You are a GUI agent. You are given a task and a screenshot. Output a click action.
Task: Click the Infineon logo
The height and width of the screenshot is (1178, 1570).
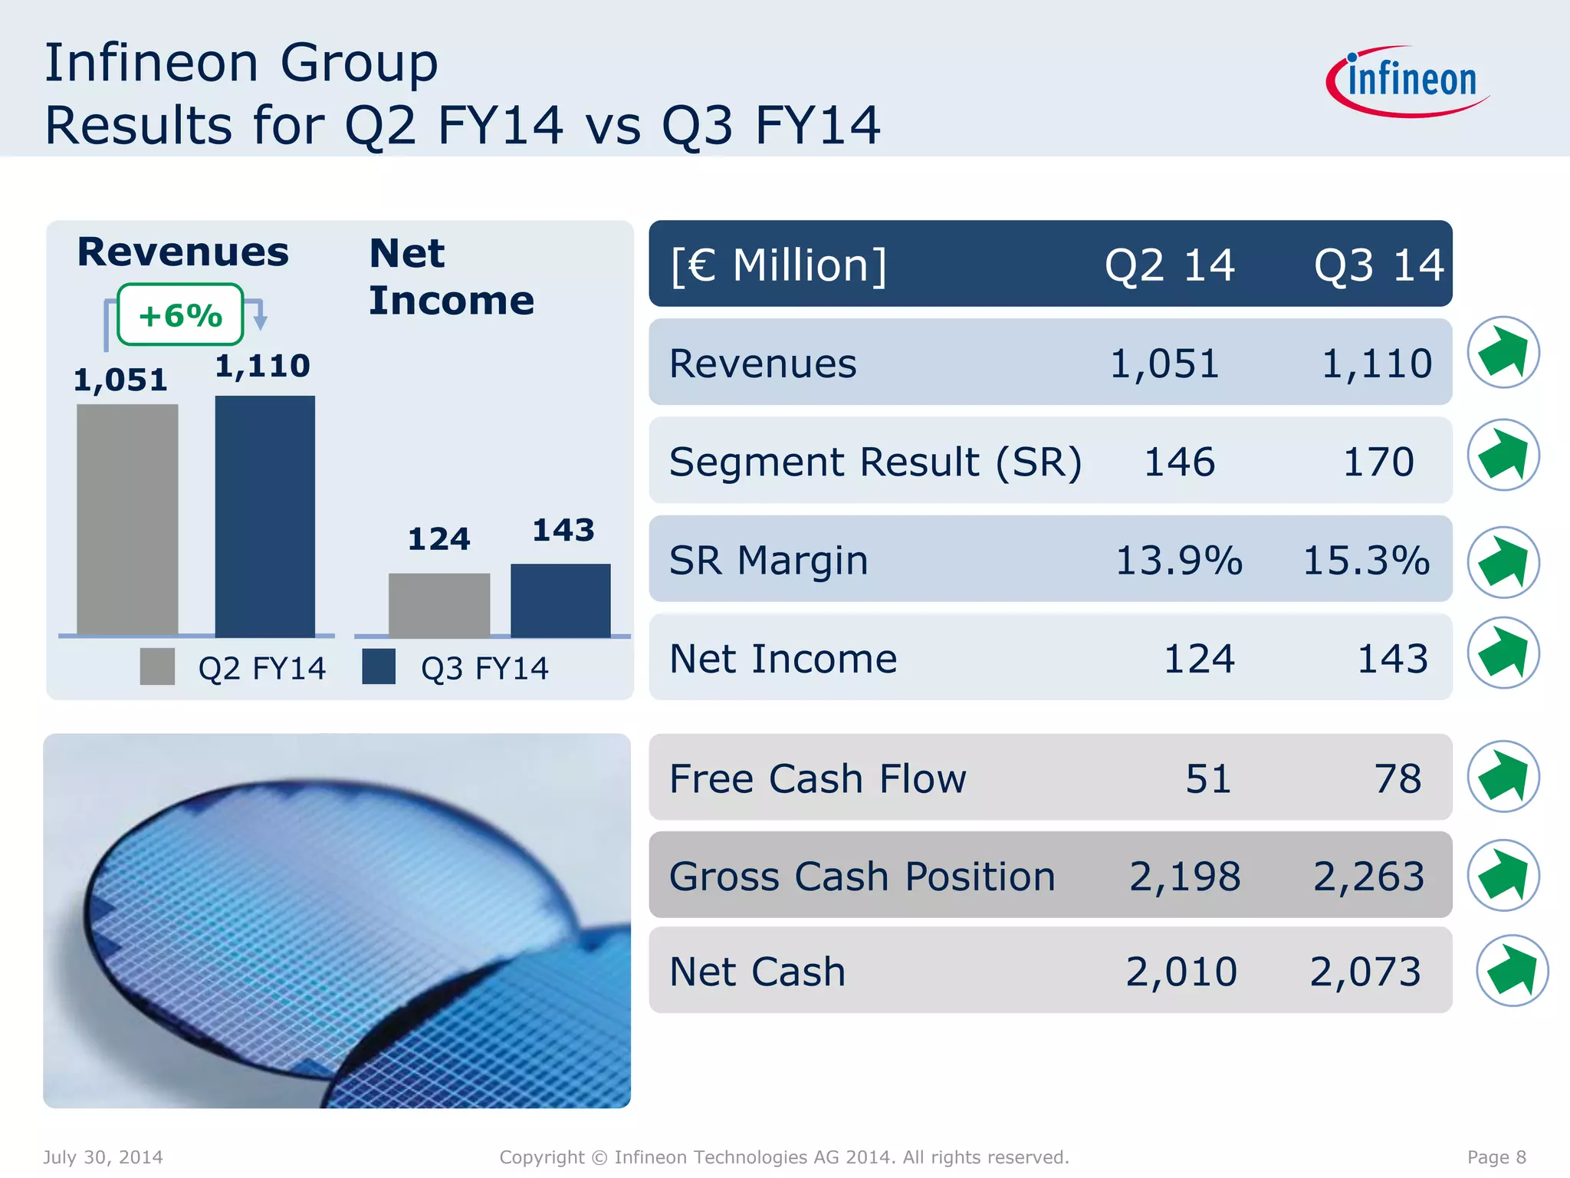coord(1409,81)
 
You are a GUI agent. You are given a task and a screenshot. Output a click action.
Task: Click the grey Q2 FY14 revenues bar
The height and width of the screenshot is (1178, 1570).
coord(127,520)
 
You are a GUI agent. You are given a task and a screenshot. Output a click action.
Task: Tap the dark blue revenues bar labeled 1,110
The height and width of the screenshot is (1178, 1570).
coord(264,515)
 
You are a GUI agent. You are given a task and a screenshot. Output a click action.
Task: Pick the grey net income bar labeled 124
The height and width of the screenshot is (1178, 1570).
coord(439,604)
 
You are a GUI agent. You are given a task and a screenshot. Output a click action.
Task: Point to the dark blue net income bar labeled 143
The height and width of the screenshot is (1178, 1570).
coord(560,600)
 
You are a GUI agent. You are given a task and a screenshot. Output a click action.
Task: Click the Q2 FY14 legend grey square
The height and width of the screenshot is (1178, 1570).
coord(157,666)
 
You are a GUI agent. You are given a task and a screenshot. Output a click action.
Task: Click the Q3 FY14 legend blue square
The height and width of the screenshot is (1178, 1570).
coord(379,666)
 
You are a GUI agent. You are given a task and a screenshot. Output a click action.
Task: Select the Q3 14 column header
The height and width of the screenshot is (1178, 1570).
coord(1378,265)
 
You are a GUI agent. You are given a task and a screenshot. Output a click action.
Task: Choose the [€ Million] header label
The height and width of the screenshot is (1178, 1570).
coord(778,265)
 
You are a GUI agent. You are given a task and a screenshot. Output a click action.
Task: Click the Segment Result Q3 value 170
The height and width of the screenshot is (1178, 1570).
coord(1378,462)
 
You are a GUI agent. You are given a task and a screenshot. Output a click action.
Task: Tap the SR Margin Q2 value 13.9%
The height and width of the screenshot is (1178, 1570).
coord(1178,560)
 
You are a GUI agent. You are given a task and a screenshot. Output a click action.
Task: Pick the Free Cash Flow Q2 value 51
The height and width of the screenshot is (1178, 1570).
coord(1208,778)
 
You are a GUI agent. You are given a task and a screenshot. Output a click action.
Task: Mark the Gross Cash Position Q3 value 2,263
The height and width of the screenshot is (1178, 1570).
coord(1368,876)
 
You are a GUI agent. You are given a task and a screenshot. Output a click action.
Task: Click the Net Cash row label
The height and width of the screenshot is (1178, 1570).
coord(757,972)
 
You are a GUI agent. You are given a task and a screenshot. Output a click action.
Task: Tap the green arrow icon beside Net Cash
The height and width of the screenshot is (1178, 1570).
coord(1512,970)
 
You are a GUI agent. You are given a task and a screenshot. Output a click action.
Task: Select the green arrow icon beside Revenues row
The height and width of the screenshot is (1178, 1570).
coord(1503,353)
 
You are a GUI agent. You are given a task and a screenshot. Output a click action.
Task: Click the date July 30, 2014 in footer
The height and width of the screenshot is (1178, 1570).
coord(103,1157)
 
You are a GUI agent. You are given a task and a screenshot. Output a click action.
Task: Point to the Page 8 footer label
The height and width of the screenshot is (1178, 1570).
coord(1496,1157)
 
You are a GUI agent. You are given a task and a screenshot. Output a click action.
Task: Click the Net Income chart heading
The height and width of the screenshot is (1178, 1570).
coord(451,276)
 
